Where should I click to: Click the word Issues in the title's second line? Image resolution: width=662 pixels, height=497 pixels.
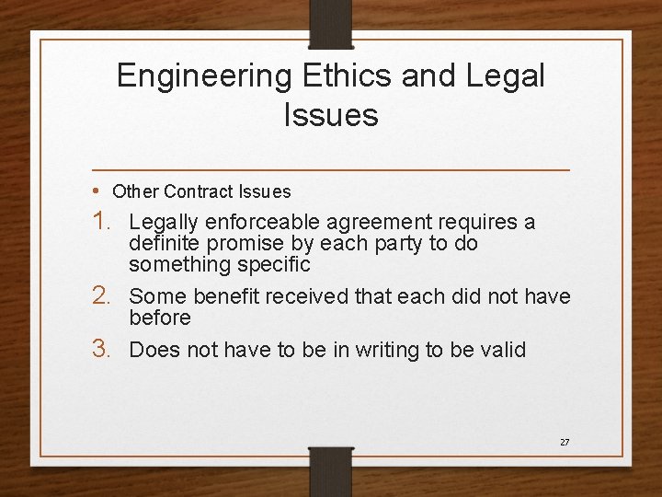point(331,115)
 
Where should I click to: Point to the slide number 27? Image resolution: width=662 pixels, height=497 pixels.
point(565,443)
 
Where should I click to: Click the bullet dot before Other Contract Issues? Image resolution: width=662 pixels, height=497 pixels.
point(97,191)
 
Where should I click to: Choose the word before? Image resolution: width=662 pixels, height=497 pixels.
point(160,318)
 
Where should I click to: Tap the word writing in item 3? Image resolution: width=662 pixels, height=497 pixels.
point(381,350)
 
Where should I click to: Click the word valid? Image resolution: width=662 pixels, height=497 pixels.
point(503,349)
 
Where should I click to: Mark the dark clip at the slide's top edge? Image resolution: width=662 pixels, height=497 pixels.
point(331,24)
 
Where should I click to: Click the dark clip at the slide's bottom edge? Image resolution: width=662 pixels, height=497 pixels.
point(331,469)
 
